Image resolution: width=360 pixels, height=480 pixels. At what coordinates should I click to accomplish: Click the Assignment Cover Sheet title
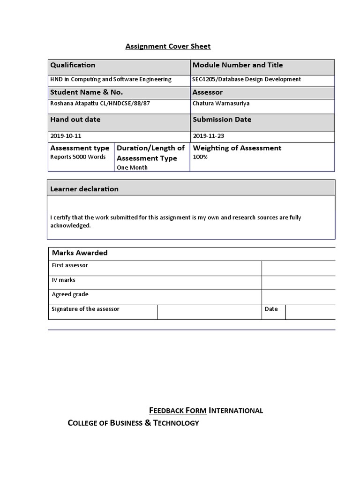[168, 46]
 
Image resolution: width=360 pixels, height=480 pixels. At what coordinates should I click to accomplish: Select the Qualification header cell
[73, 65]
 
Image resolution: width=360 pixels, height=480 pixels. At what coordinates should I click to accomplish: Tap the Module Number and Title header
[238, 65]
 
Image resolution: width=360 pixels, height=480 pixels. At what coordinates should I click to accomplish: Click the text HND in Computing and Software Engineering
[111, 80]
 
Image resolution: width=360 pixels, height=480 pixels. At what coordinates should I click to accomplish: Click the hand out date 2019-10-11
[65, 136]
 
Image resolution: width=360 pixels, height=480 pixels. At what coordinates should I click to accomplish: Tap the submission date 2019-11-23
[208, 136]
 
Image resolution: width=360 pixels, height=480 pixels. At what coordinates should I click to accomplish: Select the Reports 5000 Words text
[78, 157]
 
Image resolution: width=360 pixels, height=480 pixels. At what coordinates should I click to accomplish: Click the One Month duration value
[132, 168]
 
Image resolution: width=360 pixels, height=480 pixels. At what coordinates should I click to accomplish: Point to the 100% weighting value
[200, 157]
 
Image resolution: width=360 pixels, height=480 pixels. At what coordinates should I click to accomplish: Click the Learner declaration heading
[84, 189]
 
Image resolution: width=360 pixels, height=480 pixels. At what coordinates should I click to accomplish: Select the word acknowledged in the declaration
[70, 225]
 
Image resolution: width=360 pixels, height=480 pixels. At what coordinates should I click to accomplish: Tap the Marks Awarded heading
[80, 253]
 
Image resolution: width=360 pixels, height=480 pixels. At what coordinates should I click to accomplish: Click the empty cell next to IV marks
[298, 283]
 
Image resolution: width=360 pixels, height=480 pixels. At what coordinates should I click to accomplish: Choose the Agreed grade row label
[70, 295]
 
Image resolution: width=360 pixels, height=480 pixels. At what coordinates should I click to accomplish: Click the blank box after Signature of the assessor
[209, 312]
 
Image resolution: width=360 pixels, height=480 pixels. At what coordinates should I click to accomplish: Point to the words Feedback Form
[178, 411]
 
